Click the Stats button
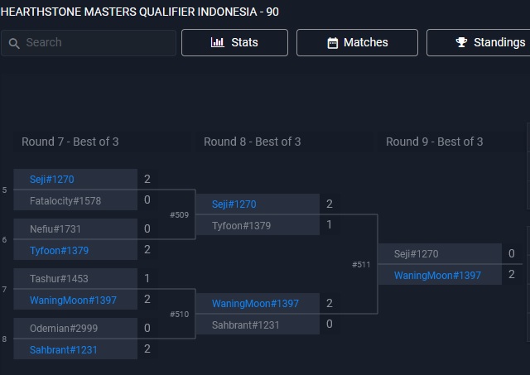tap(234, 42)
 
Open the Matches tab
tap(357, 42)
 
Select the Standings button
tap(489, 42)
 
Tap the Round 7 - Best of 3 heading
tap(70, 142)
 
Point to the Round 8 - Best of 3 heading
tap(253, 142)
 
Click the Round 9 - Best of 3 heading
tap(435, 142)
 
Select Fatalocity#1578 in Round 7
tap(65, 200)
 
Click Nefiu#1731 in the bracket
tap(55, 228)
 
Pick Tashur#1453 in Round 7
tap(59, 279)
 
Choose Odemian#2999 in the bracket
tap(64, 328)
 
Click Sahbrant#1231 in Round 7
tap(64, 349)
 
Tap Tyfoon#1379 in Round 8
tap(241, 225)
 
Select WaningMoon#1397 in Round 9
tap(437, 275)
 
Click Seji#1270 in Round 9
tap(417, 254)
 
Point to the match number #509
tap(180, 215)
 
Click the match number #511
tap(361, 265)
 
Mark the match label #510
tap(180, 315)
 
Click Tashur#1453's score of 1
tap(147, 279)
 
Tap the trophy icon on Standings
tap(462, 42)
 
